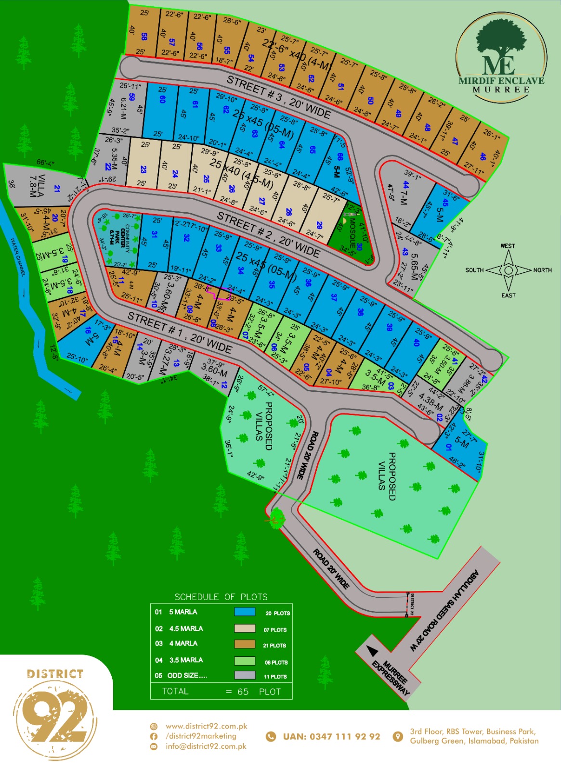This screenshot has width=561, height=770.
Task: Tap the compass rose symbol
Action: (508, 270)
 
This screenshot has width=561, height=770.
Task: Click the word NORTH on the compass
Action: (542, 270)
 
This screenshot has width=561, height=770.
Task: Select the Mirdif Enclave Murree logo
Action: (501, 58)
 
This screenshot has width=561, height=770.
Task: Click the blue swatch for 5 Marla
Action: (245, 612)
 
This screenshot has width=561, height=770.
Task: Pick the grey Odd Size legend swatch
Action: (245, 675)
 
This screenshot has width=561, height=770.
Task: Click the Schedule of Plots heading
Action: (221, 597)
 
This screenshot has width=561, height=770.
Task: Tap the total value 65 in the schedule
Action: (243, 692)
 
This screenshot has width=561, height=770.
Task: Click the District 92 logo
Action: (55, 713)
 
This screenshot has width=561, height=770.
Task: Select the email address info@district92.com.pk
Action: (206, 746)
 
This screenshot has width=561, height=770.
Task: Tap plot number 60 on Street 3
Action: (162, 99)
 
